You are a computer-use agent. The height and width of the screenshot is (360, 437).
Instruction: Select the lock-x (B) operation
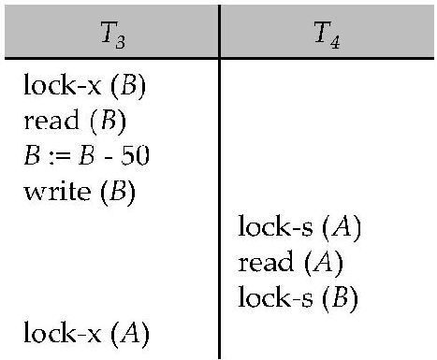point(84,90)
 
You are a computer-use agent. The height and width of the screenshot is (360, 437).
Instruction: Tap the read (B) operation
point(74,122)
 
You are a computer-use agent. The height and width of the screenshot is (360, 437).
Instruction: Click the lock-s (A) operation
point(300,227)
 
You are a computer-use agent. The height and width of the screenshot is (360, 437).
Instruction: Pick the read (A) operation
point(291,262)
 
